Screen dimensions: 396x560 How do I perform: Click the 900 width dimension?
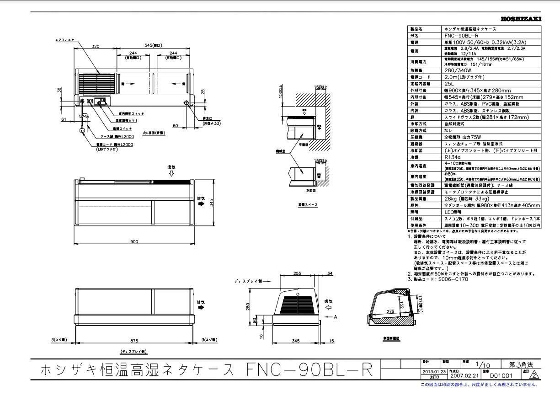tap(134, 242)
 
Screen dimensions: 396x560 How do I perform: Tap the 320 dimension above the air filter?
tap(95, 46)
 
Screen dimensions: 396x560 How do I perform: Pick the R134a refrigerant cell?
tap(453, 156)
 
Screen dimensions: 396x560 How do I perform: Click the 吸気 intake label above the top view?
tap(171, 167)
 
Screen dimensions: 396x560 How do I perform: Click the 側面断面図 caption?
tap(391, 339)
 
